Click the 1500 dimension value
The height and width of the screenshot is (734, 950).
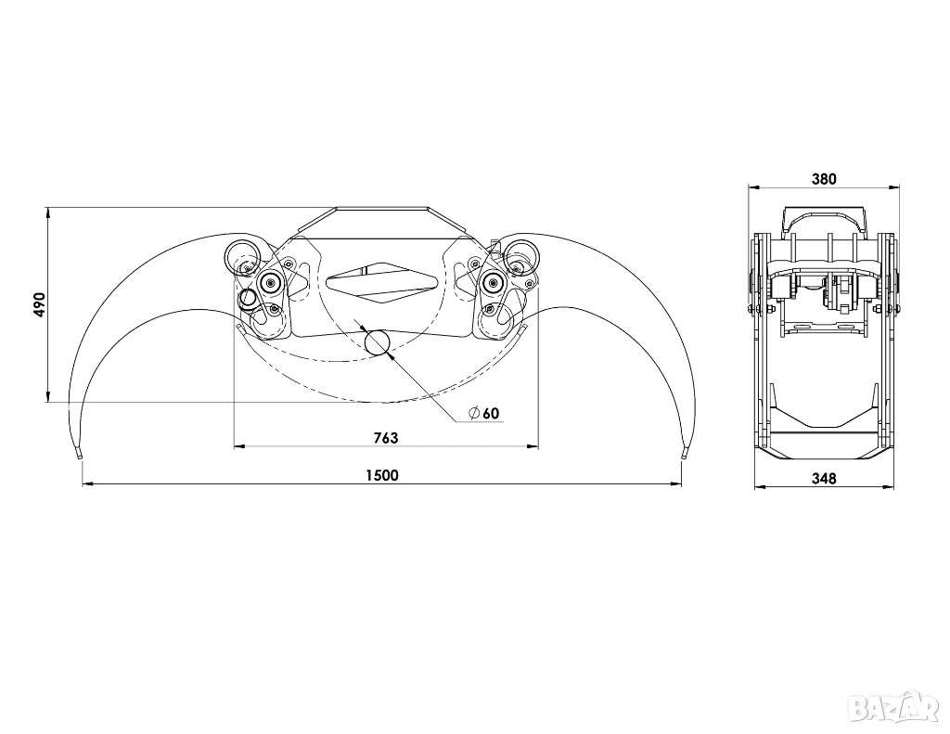[382, 475]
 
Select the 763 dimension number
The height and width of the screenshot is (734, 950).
[386, 438]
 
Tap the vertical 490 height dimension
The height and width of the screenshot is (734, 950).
[39, 305]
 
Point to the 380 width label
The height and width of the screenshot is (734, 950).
[824, 179]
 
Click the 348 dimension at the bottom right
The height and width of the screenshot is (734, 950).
[824, 478]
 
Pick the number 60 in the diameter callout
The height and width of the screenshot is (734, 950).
[492, 413]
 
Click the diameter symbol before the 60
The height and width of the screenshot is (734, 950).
[474, 413]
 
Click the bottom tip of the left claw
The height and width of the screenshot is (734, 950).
[79, 456]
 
